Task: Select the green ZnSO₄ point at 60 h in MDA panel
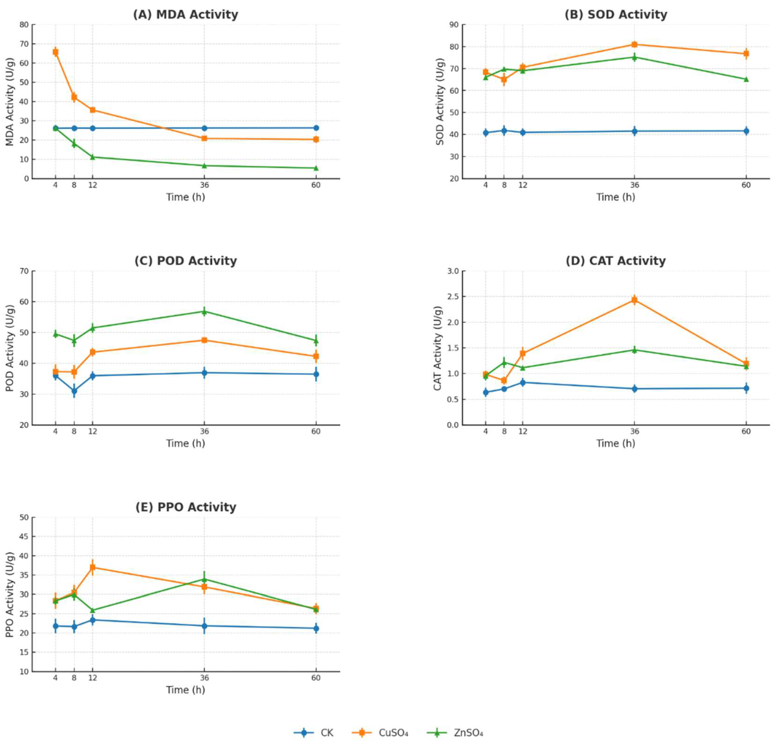tap(316, 168)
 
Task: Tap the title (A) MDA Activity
tap(186, 15)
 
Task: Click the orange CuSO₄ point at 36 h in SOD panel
tap(634, 44)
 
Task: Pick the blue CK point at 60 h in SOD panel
tap(746, 131)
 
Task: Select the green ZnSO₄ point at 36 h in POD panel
tap(204, 312)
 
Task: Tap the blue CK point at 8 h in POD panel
tap(74, 391)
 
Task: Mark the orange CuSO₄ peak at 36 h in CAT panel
tap(634, 300)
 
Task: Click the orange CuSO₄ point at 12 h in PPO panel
tap(93, 567)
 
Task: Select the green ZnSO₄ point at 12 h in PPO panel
tap(93, 611)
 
